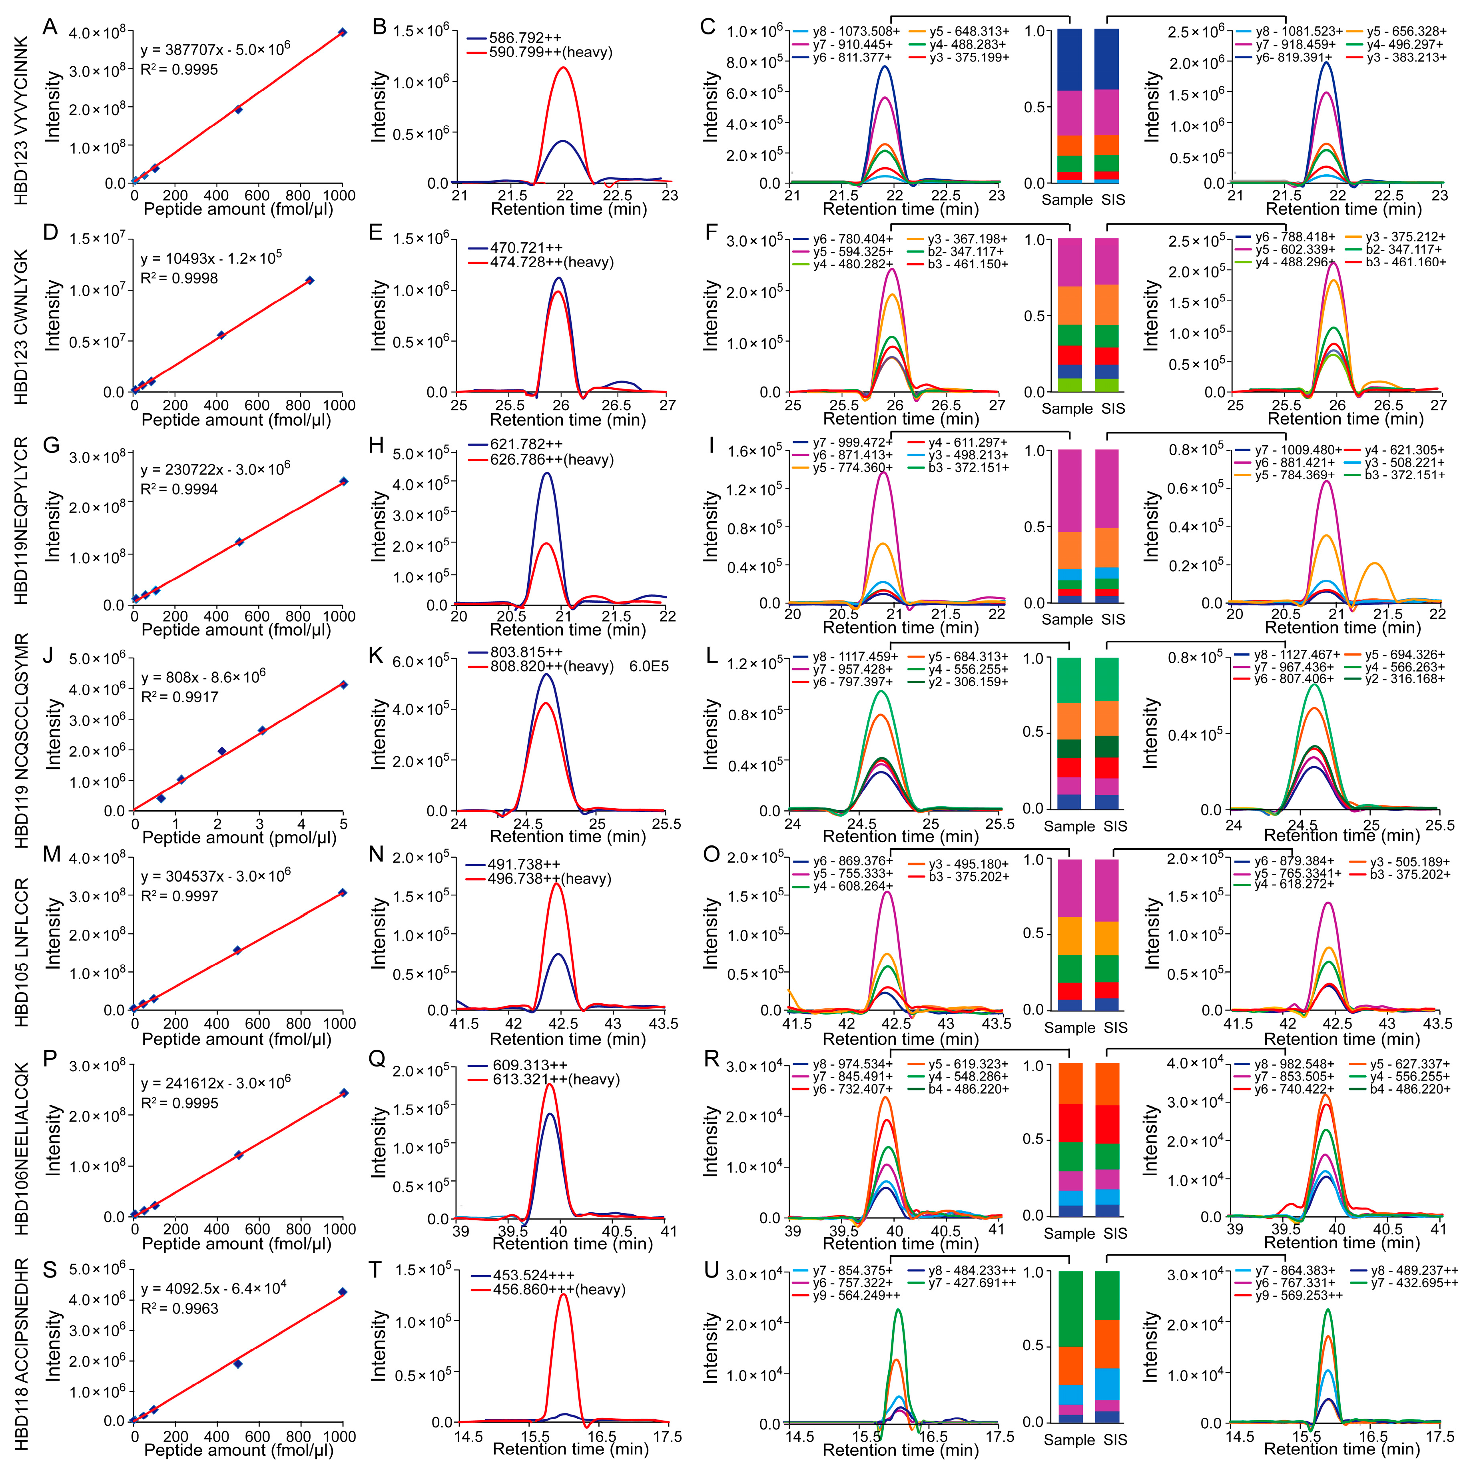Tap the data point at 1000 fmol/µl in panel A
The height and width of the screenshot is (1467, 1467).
(343, 32)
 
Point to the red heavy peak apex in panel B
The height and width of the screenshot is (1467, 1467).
(563, 68)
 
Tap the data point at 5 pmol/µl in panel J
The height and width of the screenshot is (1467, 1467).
(343, 685)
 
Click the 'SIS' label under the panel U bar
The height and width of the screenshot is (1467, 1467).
(1115, 1440)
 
